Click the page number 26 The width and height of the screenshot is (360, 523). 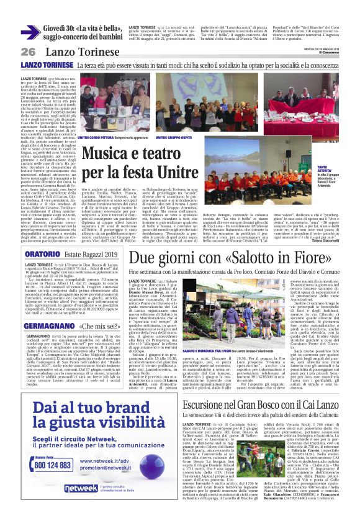(x=28, y=52)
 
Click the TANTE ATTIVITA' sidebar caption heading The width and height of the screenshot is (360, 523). (x=336, y=169)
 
